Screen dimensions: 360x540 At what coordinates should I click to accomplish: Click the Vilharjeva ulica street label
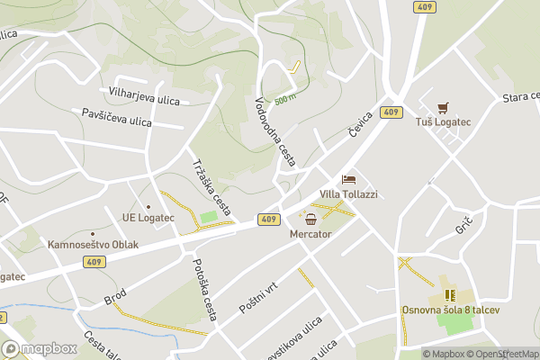click(x=146, y=92)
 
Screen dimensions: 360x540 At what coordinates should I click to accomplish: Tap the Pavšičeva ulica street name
click(x=117, y=117)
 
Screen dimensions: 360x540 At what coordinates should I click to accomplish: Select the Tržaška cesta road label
click(x=211, y=181)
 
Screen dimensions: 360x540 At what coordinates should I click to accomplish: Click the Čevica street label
click(x=361, y=125)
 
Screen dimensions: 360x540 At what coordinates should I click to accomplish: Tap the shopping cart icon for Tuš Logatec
click(x=442, y=107)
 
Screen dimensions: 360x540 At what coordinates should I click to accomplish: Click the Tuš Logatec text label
click(x=443, y=121)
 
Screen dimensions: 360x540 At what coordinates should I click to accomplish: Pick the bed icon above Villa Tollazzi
click(x=348, y=180)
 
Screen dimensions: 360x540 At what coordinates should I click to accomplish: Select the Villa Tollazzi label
click(x=349, y=194)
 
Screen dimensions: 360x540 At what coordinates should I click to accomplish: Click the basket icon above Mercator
click(x=310, y=220)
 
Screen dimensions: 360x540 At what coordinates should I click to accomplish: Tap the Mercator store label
click(x=310, y=234)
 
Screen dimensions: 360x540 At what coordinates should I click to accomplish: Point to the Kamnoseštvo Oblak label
click(x=94, y=244)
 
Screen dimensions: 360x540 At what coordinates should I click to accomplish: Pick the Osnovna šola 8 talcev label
click(x=450, y=310)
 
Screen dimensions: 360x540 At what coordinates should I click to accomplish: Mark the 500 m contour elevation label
click(x=285, y=99)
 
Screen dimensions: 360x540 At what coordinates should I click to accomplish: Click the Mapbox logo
click(x=40, y=348)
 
